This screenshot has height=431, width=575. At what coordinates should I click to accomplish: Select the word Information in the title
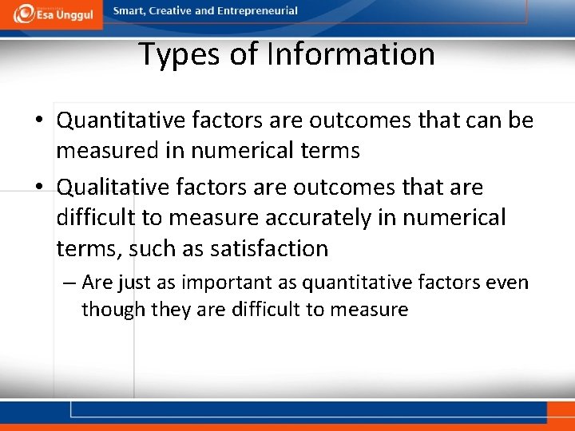tap(351, 54)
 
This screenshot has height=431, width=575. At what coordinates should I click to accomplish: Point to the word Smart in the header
tap(129, 11)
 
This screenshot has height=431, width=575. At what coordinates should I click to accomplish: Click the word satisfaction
tap(269, 248)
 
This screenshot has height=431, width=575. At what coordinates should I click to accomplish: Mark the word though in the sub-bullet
tap(108, 310)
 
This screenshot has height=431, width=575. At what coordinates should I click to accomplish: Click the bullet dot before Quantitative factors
tap(39, 121)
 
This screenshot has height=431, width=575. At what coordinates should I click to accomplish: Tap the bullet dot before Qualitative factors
tap(39, 188)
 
